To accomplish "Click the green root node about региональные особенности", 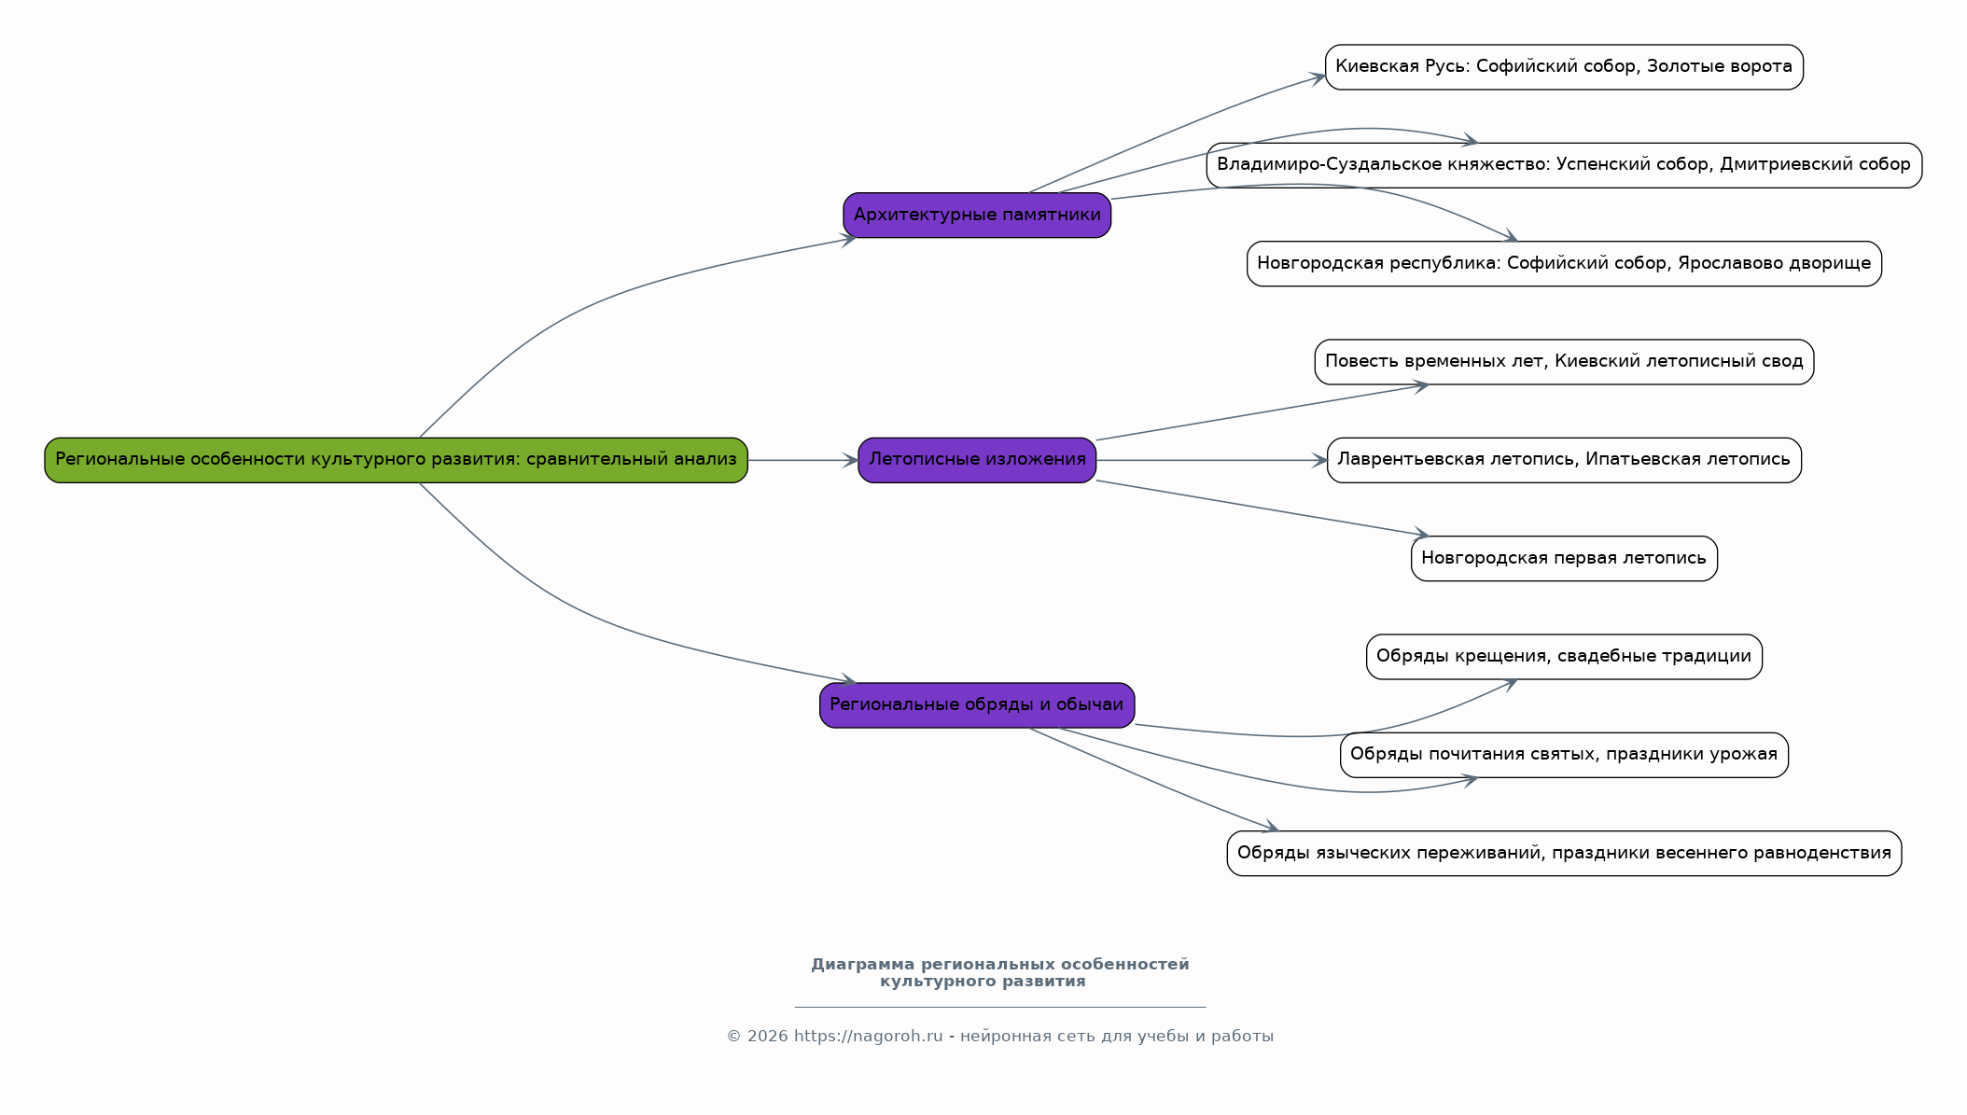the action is pyautogui.click(x=396, y=460).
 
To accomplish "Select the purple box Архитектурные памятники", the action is pyautogui.click(x=977, y=216).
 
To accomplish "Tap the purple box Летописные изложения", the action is pyautogui.click(x=977, y=460).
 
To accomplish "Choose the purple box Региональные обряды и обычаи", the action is pyautogui.click(x=977, y=705).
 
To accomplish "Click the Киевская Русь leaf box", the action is pyautogui.click(x=1564, y=67).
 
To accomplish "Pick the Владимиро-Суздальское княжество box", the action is pyautogui.click(x=1564, y=165).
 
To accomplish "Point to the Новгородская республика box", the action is pyautogui.click(x=1564, y=264).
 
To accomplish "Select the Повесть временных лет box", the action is pyautogui.click(x=1564, y=362).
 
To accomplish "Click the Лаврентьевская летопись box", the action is pyautogui.click(x=1564, y=460).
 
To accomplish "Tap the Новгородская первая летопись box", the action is pyautogui.click(x=1564, y=559).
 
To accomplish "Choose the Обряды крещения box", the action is pyautogui.click(x=1564, y=657).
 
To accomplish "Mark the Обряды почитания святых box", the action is pyautogui.click(x=1564, y=755).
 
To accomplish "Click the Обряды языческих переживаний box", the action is pyautogui.click(x=1564, y=854).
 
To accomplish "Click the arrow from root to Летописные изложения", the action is pyautogui.click(x=803, y=460).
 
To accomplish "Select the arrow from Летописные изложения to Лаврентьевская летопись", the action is pyautogui.click(x=1211, y=460).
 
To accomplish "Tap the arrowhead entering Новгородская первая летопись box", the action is pyautogui.click(x=1420, y=534).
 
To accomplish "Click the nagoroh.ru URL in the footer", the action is pyautogui.click(x=868, y=1037).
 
